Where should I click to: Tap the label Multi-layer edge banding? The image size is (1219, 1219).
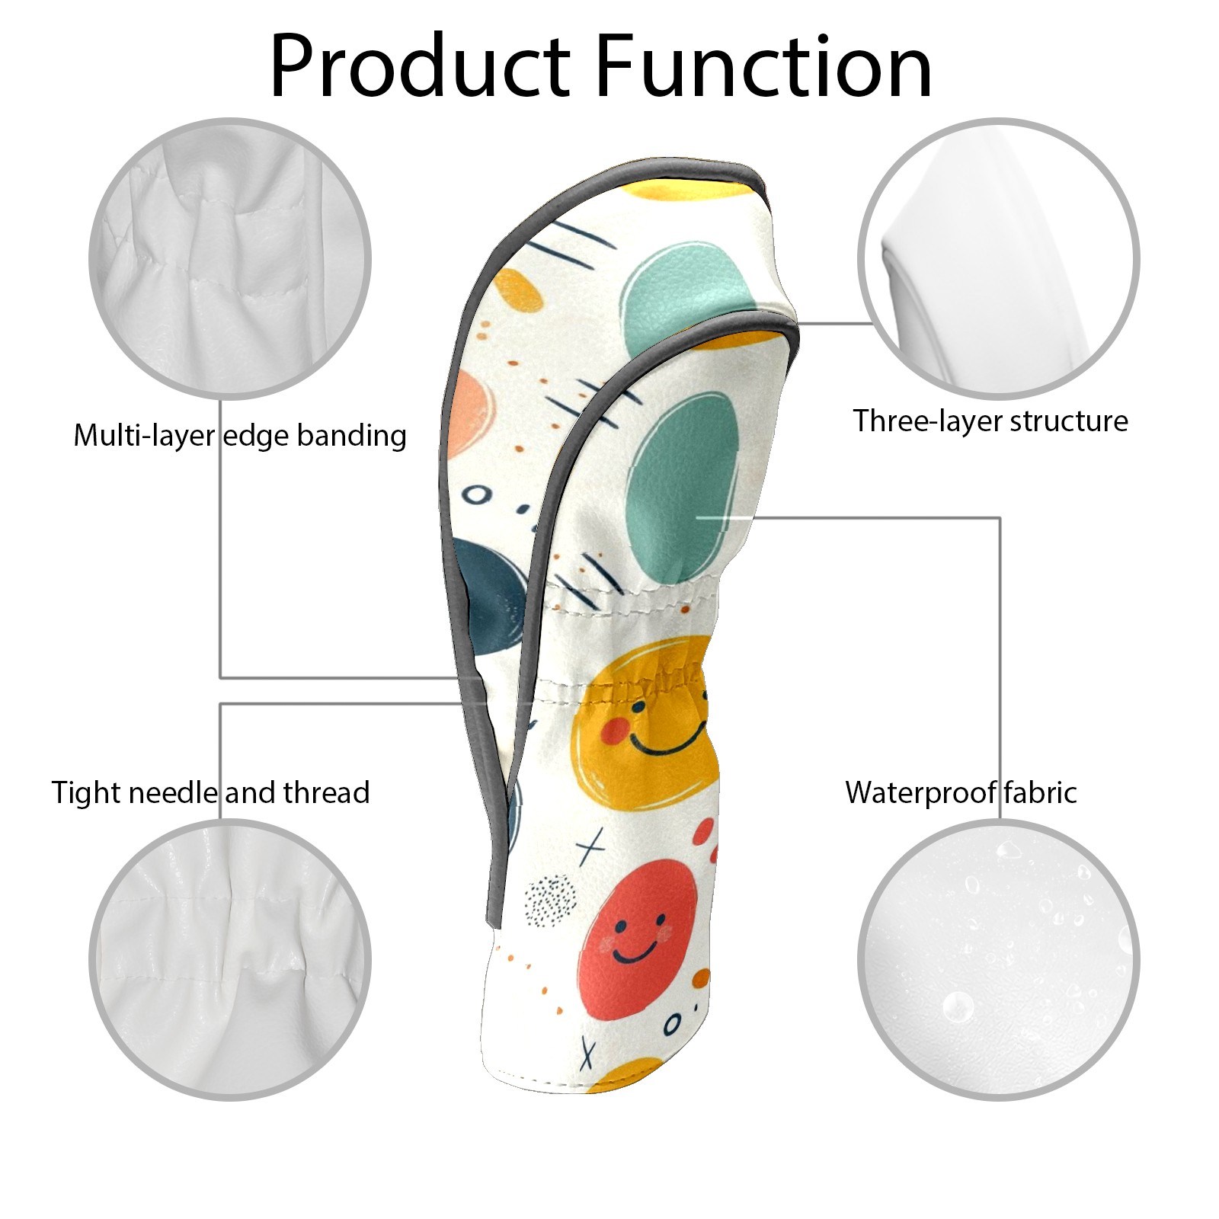[240, 436]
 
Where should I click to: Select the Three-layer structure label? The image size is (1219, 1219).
[990, 421]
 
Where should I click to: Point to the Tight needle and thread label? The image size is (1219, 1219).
[211, 792]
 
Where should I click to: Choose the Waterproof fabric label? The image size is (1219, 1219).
[961, 792]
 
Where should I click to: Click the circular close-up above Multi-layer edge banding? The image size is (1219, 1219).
[230, 258]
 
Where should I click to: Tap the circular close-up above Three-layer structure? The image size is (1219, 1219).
[999, 258]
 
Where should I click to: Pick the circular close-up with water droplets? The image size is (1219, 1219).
[999, 959]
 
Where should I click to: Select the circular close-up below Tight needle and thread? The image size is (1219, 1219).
[230, 959]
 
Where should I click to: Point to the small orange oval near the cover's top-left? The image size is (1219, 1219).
[518, 290]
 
